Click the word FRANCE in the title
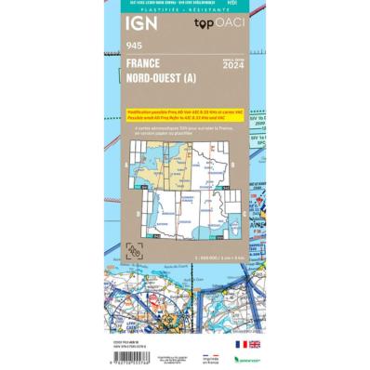point(142,64)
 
